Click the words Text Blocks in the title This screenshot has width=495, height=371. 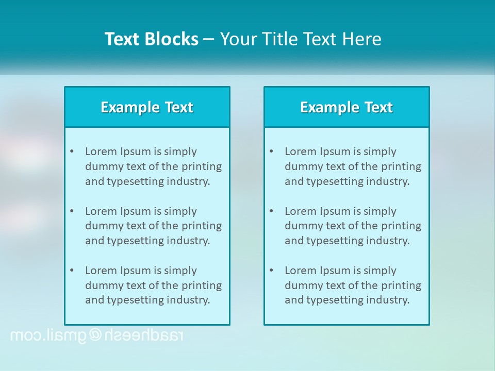tap(151, 39)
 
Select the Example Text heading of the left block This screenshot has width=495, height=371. tap(147, 107)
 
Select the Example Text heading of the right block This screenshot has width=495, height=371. tap(346, 107)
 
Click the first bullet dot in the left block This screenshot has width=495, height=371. tap(72, 151)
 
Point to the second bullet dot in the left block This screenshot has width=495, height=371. tap(72, 211)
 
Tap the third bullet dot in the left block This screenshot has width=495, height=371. tap(72, 271)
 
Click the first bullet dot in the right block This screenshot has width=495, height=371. tap(271, 151)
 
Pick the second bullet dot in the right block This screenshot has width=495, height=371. tap(271, 211)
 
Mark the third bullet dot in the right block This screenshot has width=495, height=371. tap(271, 271)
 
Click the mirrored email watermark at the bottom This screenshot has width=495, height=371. tap(96, 335)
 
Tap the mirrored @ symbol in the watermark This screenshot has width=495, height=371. tap(96, 335)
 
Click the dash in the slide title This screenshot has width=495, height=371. tap(209, 39)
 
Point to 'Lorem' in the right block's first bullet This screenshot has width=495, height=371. tap(300, 151)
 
